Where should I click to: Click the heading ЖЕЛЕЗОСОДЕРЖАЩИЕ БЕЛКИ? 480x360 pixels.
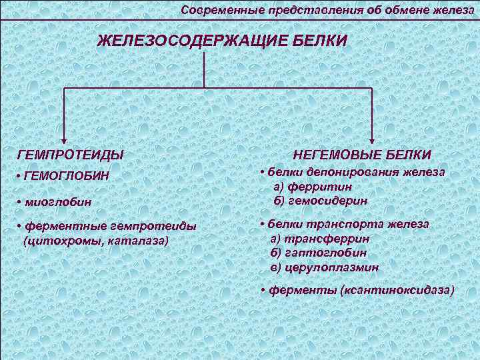222,41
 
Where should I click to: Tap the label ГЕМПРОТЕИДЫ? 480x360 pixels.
71,155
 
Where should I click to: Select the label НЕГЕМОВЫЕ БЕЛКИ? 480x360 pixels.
361,155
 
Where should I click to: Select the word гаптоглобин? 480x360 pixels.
326,253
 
